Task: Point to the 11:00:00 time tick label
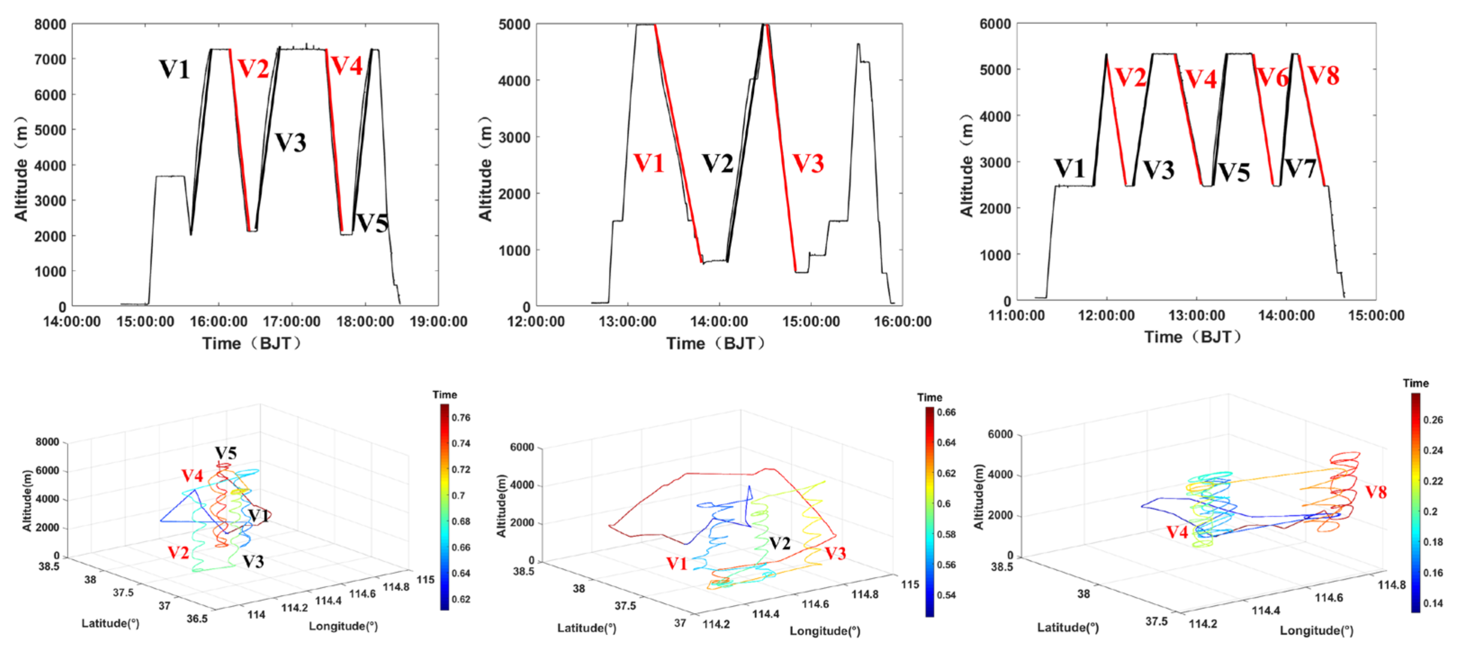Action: tap(1017, 316)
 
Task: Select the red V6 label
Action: tap(1272, 78)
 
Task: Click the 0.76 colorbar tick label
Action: tap(461, 418)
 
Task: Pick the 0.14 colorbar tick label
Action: tap(1433, 603)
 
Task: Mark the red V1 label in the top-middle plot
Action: tap(648, 163)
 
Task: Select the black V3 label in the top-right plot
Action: tap(1158, 169)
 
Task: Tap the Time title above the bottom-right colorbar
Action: tap(1415, 384)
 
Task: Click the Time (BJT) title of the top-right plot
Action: tap(1193, 337)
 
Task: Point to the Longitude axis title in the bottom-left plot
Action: tap(343, 626)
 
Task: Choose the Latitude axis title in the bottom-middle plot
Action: tap(586, 628)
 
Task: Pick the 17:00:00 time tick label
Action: tap(292, 321)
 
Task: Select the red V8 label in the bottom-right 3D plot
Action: tap(1376, 492)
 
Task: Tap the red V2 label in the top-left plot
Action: tap(253, 69)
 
